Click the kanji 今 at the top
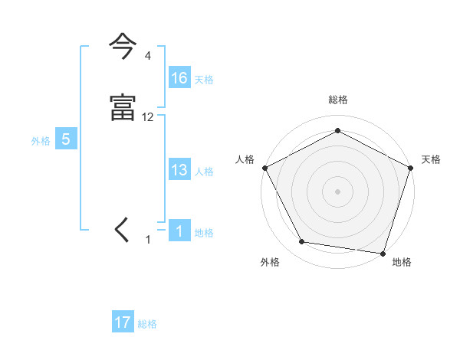123,47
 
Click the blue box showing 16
179,78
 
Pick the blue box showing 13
179,171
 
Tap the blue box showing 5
66,140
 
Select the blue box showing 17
123,323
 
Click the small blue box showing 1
179,232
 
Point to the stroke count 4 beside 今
147,56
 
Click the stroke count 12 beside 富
148,117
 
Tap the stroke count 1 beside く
149,240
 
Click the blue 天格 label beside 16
204,80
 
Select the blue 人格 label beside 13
204,172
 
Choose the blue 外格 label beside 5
41,141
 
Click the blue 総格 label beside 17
147,324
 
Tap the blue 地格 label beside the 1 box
204,233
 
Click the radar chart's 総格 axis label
337,100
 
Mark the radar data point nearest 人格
264,167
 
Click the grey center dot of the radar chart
337,191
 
